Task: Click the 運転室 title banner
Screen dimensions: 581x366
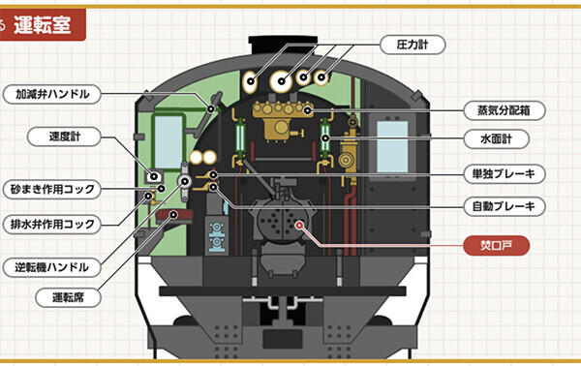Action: coord(43,25)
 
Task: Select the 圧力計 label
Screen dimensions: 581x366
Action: coord(413,45)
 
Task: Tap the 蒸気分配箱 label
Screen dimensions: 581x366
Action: coord(504,110)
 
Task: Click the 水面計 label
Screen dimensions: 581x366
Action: coord(496,138)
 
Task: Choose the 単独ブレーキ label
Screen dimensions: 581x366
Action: coord(504,173)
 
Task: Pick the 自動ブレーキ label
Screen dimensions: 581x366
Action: coord(504,206)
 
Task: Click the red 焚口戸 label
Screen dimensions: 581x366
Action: coord(496,245)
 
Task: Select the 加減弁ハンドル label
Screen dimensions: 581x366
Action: coord(52,94)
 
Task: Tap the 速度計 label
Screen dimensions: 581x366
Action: coord(64,137)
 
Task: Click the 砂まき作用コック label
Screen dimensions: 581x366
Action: coord(52,190)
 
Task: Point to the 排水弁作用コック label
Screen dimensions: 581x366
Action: coord(52,224)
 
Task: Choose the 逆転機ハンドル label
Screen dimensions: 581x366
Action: coord(52,267)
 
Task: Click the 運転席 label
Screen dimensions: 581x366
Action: coord(68,297)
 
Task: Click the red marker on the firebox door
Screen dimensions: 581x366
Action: coord(299,225)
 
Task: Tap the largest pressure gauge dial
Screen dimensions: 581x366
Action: coord(281,80)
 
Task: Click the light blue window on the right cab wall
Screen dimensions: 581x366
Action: coord(392,147)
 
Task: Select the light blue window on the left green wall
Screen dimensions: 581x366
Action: coord(168,142)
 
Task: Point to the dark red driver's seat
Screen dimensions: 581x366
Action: coord(174,216)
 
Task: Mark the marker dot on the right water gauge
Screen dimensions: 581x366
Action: coord(325,138)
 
